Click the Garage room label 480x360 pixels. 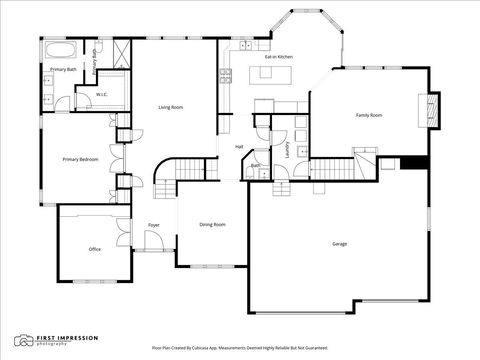coord(340,244)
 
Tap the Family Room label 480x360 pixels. coord(369,115)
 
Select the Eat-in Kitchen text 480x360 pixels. coord(278,57)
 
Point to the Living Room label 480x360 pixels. coord(171,107)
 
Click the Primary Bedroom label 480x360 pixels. coord(79,159)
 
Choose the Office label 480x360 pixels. coord(94,249)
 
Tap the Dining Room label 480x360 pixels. coord(212,225)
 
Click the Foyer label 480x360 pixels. coord(154,225)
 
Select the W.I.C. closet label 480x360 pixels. coord(101,96)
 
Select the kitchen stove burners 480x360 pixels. coord(226,73)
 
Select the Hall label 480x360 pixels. coord(239,147)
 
